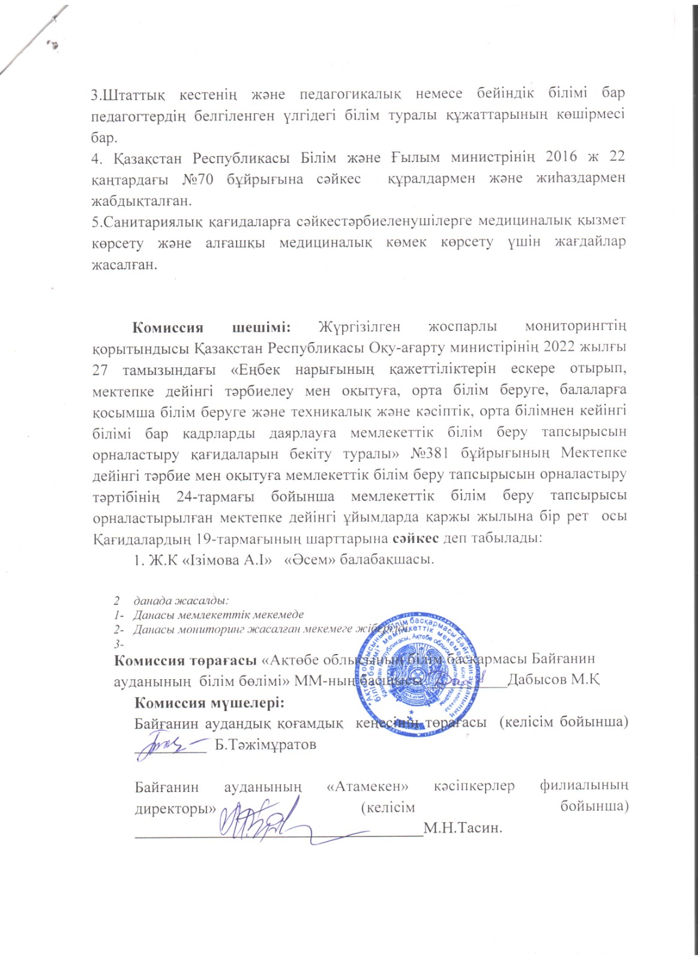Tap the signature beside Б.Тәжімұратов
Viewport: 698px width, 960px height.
[170, 744]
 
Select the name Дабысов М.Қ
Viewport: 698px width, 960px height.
[555, 680]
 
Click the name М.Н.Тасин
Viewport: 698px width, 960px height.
[462, 829]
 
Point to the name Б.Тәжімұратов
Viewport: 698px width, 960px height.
[265, 745]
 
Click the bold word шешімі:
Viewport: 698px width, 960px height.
[261, 328]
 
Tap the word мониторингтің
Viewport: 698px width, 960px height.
[576, 328]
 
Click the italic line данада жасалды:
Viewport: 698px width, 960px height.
[182, 600]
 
